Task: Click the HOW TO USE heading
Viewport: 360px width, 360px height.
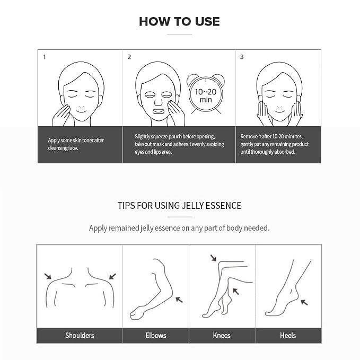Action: [x=179, y=22]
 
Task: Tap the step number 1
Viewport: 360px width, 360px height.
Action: [x=45, y=57]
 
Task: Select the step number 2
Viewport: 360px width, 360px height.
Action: [x=129, y=57]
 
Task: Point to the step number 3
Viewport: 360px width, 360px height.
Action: [x=242, y=57]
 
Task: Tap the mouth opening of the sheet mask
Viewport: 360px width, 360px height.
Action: [x=159, y=112]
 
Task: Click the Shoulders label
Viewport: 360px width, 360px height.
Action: [x=80, y=336]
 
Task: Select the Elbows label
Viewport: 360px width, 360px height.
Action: [x=156, y=336]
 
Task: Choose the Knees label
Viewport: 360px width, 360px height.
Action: [x=222, y=336]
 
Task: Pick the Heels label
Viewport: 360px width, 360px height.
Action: [x=288, y=336]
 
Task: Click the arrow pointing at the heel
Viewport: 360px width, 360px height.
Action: [x=304, y=302]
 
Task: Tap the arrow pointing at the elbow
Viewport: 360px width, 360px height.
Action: [x=179, y=300]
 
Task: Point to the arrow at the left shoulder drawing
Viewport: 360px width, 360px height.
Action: [x=48, y=276]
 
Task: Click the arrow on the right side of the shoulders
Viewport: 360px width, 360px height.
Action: [x=112, y=276]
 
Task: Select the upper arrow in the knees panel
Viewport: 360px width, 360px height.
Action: [x=214, y=258]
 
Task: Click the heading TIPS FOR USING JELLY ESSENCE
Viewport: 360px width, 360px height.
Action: [x=179, y=206]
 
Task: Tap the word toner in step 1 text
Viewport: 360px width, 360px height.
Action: [x=87, y=141]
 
